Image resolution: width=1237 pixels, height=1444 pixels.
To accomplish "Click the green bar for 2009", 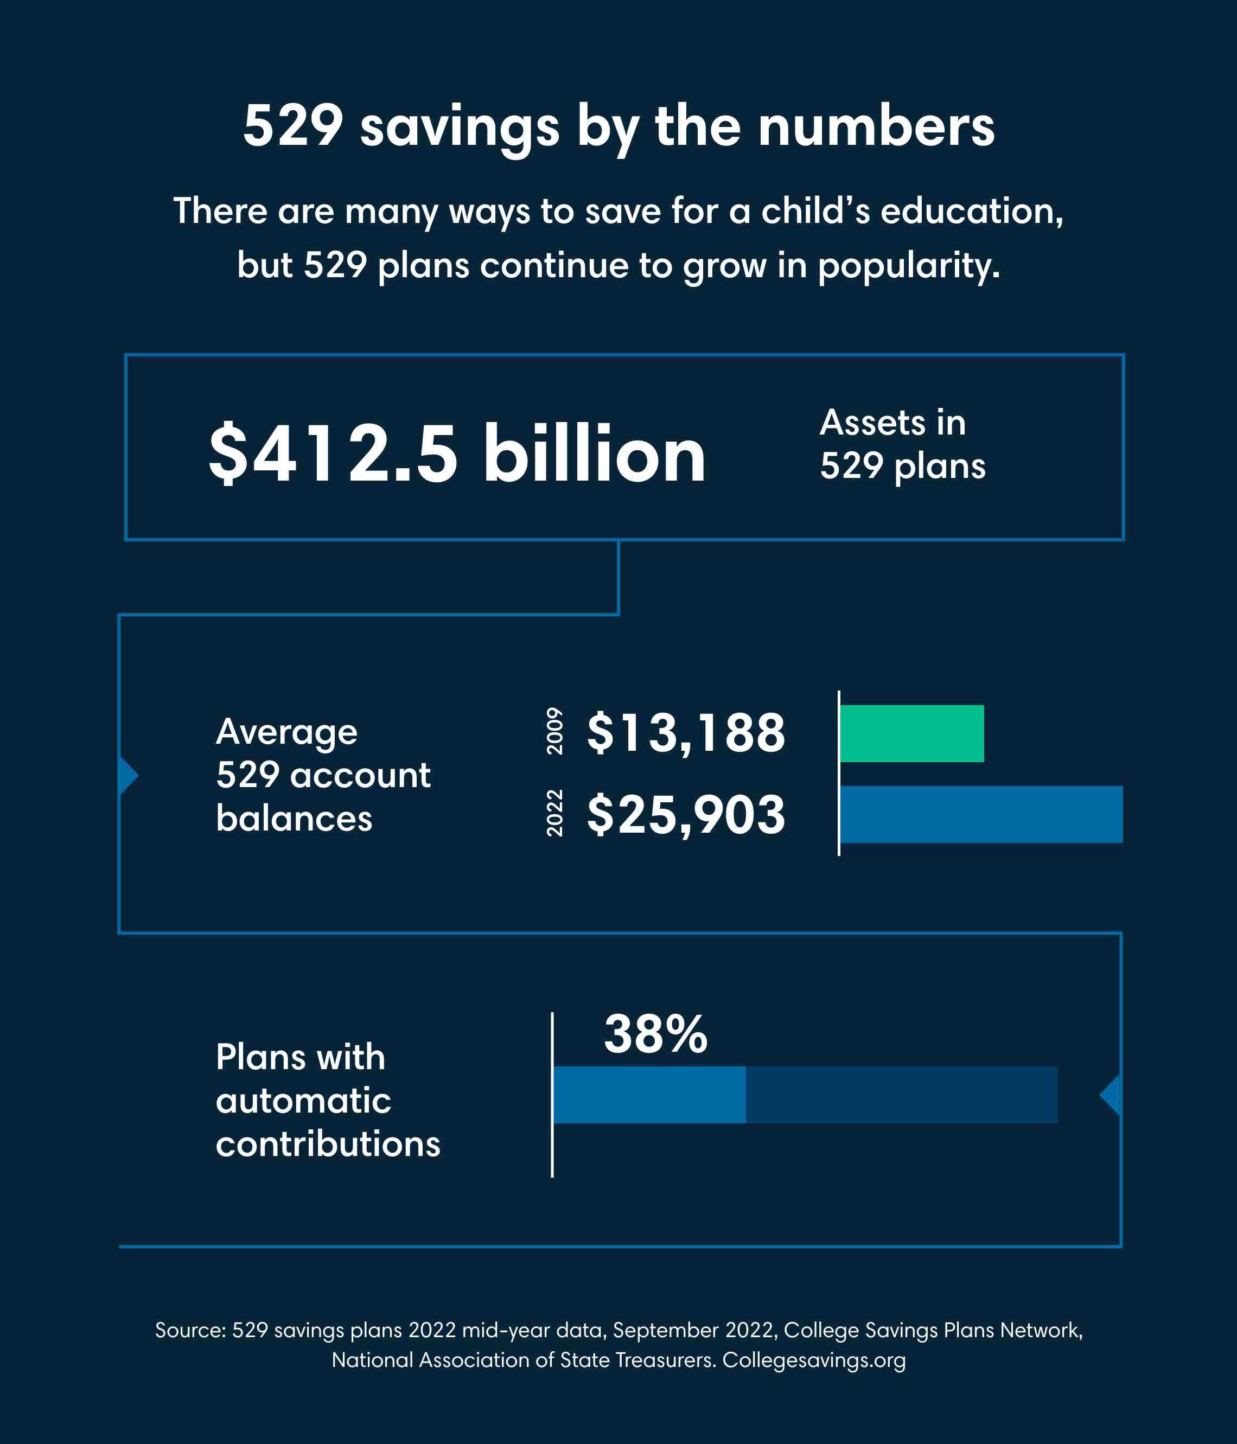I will click(911, 733).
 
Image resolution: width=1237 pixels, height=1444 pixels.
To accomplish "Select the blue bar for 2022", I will click(981, 814).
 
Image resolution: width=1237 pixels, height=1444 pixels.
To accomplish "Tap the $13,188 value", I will click(686, 733).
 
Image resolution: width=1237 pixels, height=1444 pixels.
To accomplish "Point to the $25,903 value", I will click(686, 815).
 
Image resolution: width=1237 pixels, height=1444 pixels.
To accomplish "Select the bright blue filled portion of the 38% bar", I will click(649, 1095).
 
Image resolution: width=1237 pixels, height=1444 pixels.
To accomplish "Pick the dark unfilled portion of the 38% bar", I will click(901, 1095).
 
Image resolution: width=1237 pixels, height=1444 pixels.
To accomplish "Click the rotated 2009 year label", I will click(554, 731).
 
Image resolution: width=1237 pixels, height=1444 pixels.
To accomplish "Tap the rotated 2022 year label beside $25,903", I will click(554, 813).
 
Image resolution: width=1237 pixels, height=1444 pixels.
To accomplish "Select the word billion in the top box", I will click(595, 453).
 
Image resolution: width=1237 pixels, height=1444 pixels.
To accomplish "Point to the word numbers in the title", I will click(876, 127).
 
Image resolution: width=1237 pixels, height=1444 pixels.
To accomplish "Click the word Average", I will click(286, 732).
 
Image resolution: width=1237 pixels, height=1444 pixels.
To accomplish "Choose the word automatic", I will click(303, 1101).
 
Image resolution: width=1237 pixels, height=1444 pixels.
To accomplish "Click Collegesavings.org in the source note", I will click(814, 1360).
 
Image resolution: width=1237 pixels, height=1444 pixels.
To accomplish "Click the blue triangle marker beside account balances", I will click(128, 775).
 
